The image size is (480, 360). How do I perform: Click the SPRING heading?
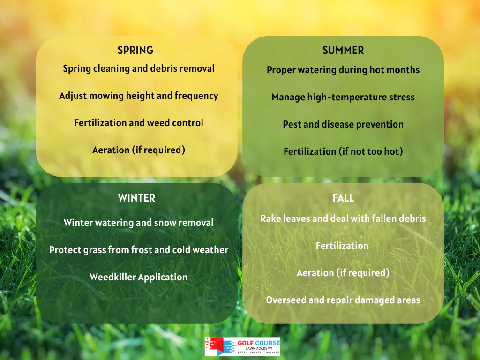(135, 50)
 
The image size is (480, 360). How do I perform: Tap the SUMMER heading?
(343, 50)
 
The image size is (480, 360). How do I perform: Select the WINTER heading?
(136, 198)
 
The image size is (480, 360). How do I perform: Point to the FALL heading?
(343, 198)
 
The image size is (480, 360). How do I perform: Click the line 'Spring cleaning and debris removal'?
(139, 68)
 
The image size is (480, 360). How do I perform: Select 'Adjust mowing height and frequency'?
(139, 96)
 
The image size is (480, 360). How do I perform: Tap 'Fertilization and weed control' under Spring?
(139, 123)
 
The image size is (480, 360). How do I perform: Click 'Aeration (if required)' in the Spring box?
(139, 150)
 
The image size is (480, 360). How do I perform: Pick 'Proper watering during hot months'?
(343, 70)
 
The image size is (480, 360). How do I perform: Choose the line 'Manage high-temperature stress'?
(343, 97)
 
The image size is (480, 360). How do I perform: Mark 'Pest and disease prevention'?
(343, 124)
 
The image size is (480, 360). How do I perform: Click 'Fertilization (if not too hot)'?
(343, 151)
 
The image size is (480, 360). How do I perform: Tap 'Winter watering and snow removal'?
(138, 223)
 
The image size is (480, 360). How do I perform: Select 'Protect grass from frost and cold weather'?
(139, 250)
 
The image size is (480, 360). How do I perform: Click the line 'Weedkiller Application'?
(138, 277)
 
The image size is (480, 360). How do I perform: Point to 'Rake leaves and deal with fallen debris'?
(343, 218)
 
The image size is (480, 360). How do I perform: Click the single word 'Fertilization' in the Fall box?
(342, 246)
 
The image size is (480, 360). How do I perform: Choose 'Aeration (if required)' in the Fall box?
(343, 273)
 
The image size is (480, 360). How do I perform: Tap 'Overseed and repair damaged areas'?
(343, 300)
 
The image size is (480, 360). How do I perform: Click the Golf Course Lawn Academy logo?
(242, 346)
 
